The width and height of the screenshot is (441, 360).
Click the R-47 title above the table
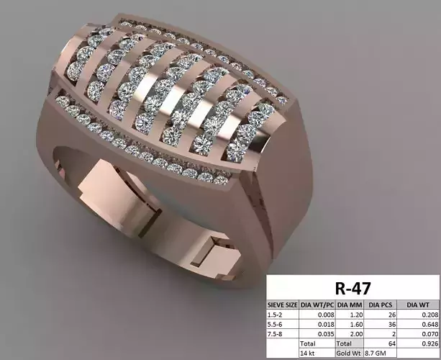(353, 289)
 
